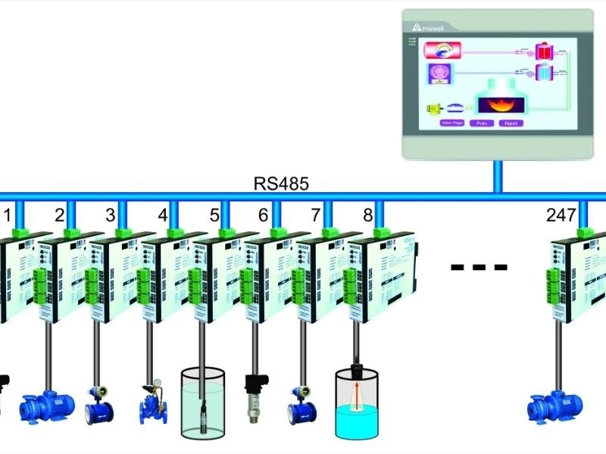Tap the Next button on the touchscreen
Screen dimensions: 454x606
pos(511,123)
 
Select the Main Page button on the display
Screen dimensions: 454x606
pos(452,123)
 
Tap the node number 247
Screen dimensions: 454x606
pos(561,215)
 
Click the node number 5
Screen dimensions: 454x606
pos(214,215)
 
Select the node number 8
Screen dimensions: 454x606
pos(367,215)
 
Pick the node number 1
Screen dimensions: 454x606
pos(8,215)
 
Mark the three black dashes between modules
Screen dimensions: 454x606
pos(478,266)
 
